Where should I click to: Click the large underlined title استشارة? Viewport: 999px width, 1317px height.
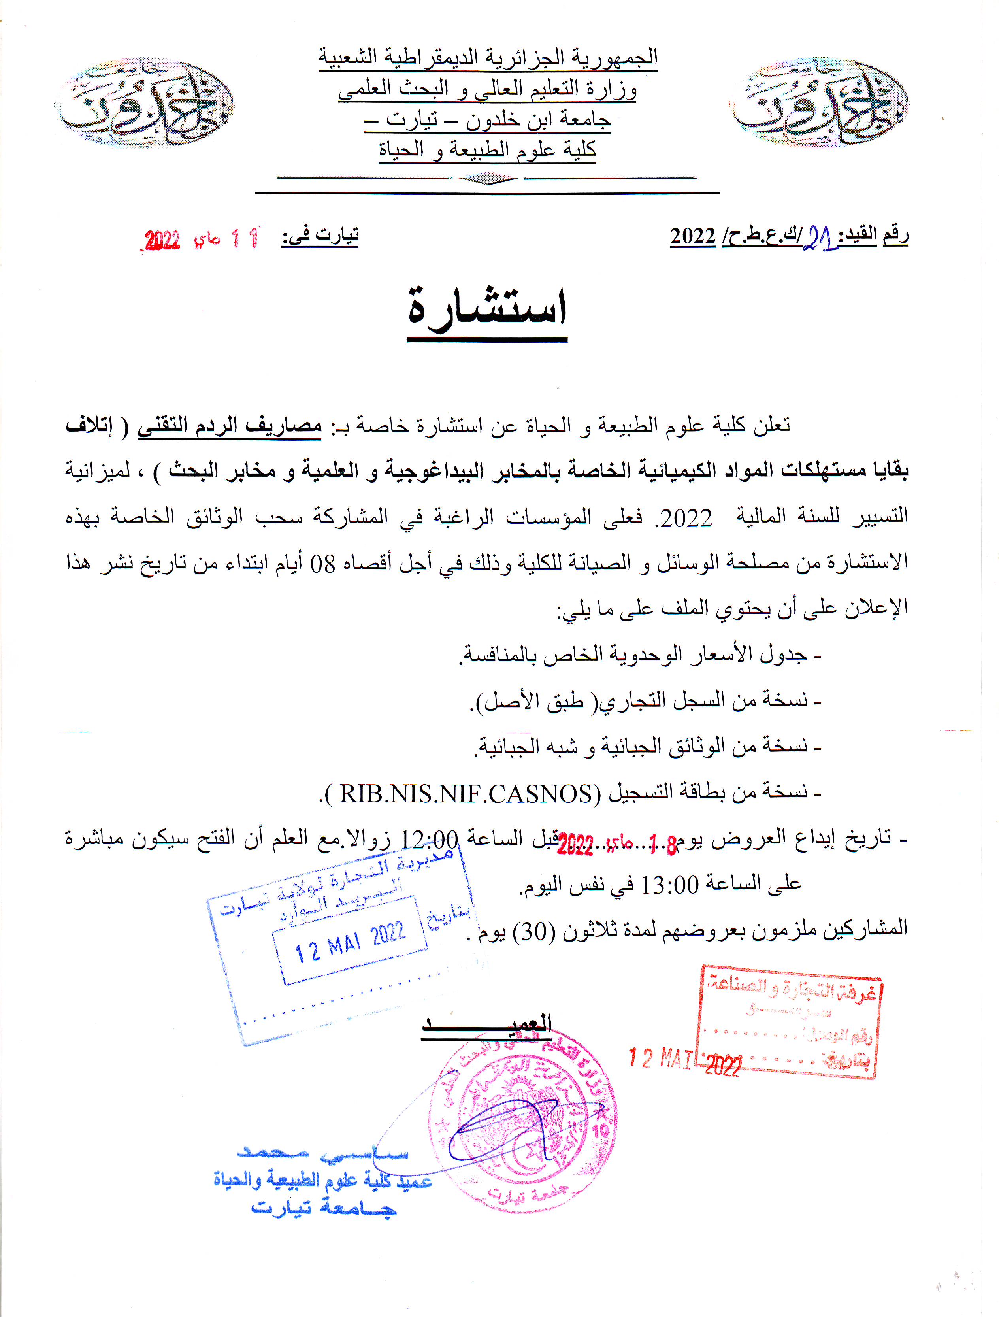click(x=487, y=311)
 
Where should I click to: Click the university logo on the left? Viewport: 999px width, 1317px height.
click(x=145, y=102)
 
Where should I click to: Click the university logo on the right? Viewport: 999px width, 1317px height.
click(x=819, y=102)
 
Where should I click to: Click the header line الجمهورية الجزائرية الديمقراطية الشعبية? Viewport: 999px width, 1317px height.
click(x=488, y=57)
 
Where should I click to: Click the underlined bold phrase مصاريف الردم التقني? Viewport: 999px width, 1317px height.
click(x=230, y=426)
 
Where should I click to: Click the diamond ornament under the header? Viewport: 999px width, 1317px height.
click(x=488, y=178)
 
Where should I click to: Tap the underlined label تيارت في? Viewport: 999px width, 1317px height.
click(x=320, y=236)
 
